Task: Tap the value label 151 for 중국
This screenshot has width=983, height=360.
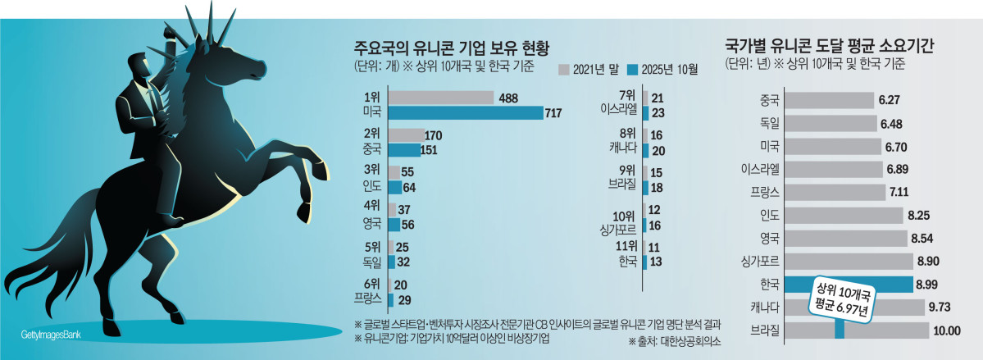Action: pos(428,150)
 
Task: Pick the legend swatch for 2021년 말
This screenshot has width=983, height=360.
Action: pos(564,70)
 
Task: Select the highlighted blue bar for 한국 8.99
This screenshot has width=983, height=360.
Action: pos(848,284)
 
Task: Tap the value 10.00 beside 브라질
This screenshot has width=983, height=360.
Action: pos(946,330)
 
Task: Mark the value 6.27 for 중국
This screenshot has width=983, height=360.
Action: pos(889,100)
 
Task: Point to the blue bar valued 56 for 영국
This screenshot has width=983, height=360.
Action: pos(394,225)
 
